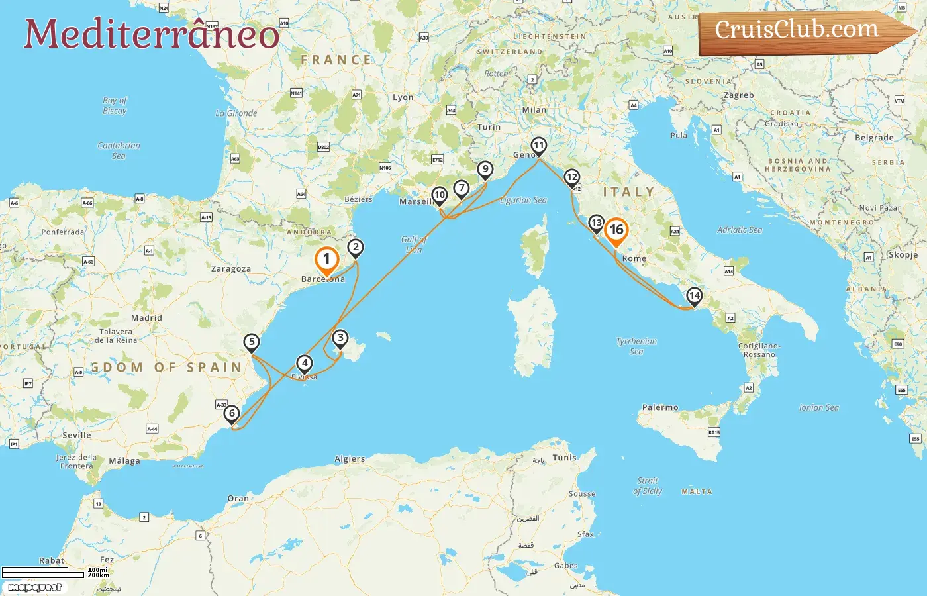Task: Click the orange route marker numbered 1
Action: pyautogui.click(x=326, y=260)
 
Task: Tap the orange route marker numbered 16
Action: pyautogui.click(x=616, y=230)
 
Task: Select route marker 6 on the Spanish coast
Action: pyautogui.click(x=232, y=414)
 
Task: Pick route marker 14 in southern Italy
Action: pyautogui.click(x=694, y=295)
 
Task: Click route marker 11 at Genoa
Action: pyautogui.click(x=539, y=146)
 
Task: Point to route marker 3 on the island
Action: pyautogui.click(x=340, y=338)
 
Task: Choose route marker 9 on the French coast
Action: pyautogui.click(x=485, y=170)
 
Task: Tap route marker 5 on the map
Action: pyautogui.click(x=251, y=342)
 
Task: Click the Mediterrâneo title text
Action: pyautogui.click(x=151, y=34)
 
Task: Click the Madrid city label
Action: pyautogui.click(x=146, y=318)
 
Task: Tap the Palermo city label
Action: pyautogui.click(x=660, y=407)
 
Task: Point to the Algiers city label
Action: pyautogui.click(x=350, y=458)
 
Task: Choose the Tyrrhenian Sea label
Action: pyautogui.click(x=636, y=346)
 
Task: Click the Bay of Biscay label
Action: pyautogui.click(x=115, y=105)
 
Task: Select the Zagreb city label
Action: pyautogui.click(x=738, y=95)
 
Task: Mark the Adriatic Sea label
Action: pyautogui.click(x=740, y=230)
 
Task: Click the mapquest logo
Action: pyautogui.click(x=35, y=587)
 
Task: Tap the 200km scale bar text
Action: pyautogui.click(x=99, y=575)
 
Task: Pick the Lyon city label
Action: pyautogui.click(x=403, y=97)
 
